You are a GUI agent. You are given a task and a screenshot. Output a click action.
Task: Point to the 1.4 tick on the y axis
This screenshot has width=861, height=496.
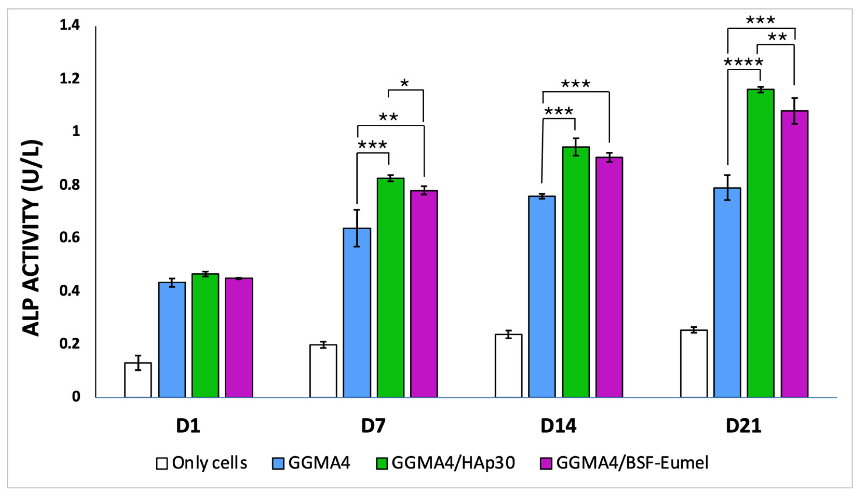(70, 25)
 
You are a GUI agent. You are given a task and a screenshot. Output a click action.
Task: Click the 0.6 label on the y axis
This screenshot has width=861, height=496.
(70, 238)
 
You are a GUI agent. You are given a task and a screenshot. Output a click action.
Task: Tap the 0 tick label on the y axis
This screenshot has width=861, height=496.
(76, 396)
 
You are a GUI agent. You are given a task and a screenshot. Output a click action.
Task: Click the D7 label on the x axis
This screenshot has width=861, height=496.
(373, 426)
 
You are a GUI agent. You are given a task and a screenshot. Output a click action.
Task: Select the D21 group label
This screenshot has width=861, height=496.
(743, 426)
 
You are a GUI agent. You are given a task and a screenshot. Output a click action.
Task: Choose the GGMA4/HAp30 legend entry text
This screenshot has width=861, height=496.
(453, 463)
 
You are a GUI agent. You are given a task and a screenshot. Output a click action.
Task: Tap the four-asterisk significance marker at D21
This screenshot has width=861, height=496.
(743, 62)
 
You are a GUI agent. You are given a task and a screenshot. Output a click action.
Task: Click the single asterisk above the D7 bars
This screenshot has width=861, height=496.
(405, 83)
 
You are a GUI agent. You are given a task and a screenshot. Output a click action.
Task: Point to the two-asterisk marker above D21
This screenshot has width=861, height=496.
(777, 37)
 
